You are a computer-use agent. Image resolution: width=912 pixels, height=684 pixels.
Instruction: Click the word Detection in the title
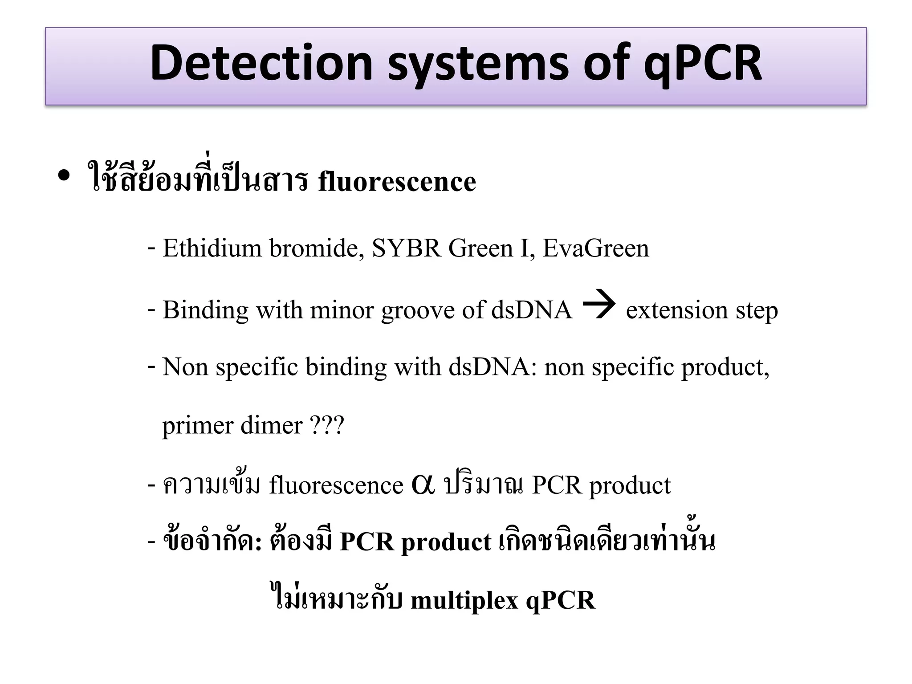(261, 63)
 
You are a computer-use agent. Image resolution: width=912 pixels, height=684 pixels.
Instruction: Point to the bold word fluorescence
(397, 182)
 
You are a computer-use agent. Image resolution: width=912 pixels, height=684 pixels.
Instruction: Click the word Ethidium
(212, 248)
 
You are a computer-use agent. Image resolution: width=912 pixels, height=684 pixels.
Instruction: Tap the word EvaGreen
(596, 248)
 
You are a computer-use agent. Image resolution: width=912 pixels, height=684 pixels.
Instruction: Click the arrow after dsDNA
(599, 305)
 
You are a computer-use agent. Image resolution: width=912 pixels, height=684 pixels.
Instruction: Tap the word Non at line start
(185, 367)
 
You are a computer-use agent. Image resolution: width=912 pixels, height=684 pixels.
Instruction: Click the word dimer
(272, 425)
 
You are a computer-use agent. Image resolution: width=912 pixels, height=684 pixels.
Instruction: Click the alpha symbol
(423, 484)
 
